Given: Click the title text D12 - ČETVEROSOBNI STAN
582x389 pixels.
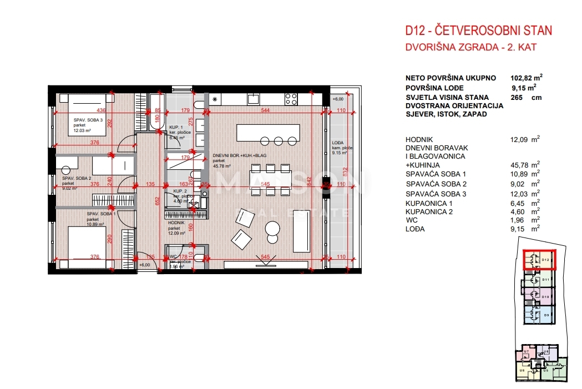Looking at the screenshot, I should (478, 31).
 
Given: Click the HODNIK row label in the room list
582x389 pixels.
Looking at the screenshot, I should (419, 139).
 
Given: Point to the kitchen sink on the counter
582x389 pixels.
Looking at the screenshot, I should (253, 99).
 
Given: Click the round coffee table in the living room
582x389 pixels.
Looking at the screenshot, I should (272, 228).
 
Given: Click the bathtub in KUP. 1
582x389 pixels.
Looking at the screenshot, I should (156, 112).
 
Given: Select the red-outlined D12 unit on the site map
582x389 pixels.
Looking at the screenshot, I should (539, 260).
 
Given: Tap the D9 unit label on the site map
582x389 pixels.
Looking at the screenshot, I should (546, 315).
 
